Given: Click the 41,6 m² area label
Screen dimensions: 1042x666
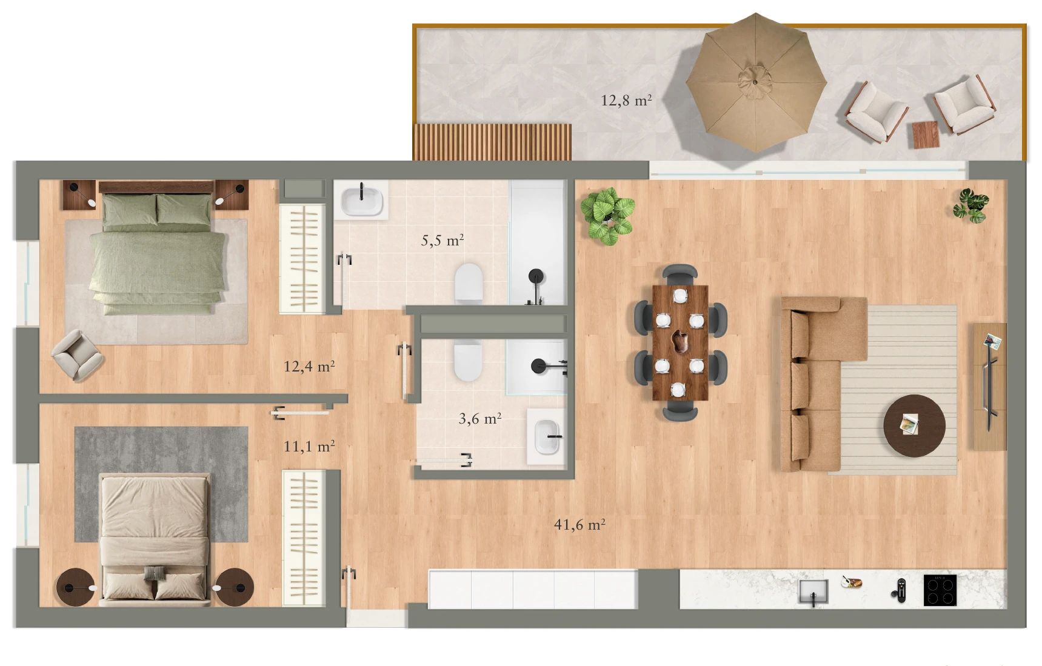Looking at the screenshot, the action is coord(579,524).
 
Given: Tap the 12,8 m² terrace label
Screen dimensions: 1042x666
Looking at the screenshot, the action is coord(626,100).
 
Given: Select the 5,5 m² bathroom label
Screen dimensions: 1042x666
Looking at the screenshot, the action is coord(443,240).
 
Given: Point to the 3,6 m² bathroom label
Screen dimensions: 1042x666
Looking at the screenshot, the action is coord(480,418).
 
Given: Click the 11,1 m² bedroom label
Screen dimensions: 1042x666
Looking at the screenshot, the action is coord(309,446).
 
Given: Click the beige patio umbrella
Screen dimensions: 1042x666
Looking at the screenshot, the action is coord(756,83).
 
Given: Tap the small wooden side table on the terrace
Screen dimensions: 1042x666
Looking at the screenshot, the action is coord(926,135).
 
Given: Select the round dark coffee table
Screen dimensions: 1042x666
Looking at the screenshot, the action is coord(914,425).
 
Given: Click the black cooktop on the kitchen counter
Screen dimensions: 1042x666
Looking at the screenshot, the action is coord(940,590).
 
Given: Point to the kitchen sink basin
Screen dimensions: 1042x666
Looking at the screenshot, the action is coord(813,591).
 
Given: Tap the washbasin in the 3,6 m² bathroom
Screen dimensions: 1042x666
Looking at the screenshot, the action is coord(547,436).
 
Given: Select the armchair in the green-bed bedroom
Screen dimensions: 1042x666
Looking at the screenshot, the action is coord(77,355).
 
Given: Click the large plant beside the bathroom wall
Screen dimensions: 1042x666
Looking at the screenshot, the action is coord(607,216).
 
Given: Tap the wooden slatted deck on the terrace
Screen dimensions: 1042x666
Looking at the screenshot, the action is coord(492,142).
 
